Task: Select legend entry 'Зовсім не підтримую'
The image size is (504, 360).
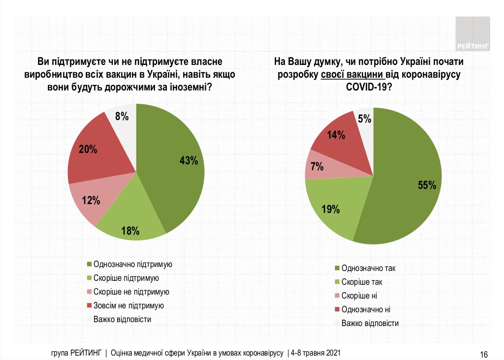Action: [x=128, y=305]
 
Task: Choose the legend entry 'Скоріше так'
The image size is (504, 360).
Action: [x=362, y=282]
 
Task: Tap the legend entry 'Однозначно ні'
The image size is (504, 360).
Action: [x=366, y=310]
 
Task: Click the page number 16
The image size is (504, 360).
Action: [x=484, y=354]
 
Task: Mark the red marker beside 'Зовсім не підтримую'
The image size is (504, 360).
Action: [x=89, y=305]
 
